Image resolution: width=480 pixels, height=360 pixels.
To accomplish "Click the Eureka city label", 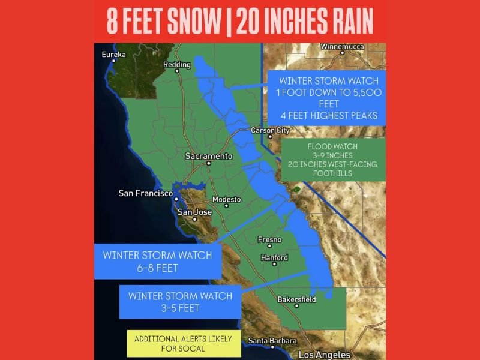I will tap(114, 55).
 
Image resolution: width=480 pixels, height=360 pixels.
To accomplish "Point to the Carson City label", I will tap(270, 130).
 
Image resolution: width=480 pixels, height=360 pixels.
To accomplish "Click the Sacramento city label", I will tap(208, 156).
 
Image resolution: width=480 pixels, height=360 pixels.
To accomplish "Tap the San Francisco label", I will tap(146, 193).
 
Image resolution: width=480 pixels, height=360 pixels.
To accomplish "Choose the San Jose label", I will tap(195, 212).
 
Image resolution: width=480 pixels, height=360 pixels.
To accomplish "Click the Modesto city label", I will tap(226, 199).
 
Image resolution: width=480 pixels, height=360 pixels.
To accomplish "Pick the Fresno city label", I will tap(269, 240).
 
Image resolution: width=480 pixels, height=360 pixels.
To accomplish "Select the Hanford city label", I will tap(274, 258).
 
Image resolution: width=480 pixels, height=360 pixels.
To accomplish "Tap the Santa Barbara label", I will tap(272, 341).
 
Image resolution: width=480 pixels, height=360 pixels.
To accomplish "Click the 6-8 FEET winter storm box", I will tap(157, 262).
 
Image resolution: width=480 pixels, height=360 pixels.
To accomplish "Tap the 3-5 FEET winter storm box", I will tap(180, 302).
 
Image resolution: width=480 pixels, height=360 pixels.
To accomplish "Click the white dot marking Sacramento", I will tap(209, 163).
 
